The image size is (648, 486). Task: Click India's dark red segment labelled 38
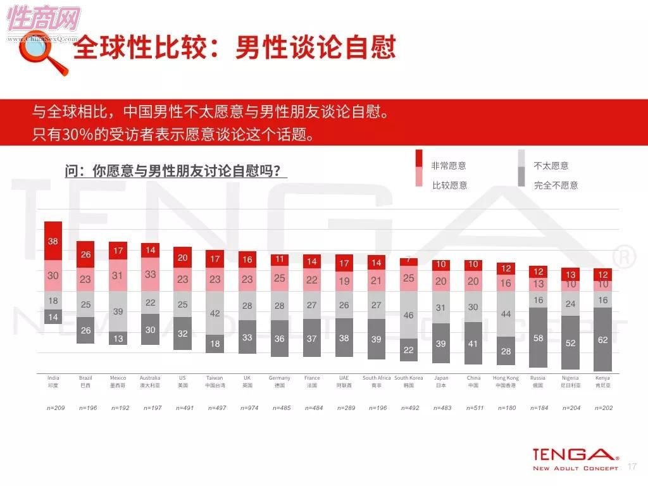click(x=53, y=241)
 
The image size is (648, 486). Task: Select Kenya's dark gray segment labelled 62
click(x=602, y=339)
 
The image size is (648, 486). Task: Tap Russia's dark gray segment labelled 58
click(x=538, y=338)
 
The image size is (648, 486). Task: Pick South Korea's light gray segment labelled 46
click(x=409, y=315)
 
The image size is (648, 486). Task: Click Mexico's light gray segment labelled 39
click(x=118, y=311)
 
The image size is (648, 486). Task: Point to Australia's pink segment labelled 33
click(x=150, y=275)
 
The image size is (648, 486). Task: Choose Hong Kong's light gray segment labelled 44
click(x=506, y=314)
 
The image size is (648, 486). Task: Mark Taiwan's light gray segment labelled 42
click(x=215, y=313)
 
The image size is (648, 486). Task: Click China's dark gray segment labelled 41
click(x=473, y=344)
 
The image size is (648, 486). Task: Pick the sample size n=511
click(x=473, y=408)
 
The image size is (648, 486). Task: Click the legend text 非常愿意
click(x=449, y=166)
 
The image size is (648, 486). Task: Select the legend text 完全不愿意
click(x=556, y=185)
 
